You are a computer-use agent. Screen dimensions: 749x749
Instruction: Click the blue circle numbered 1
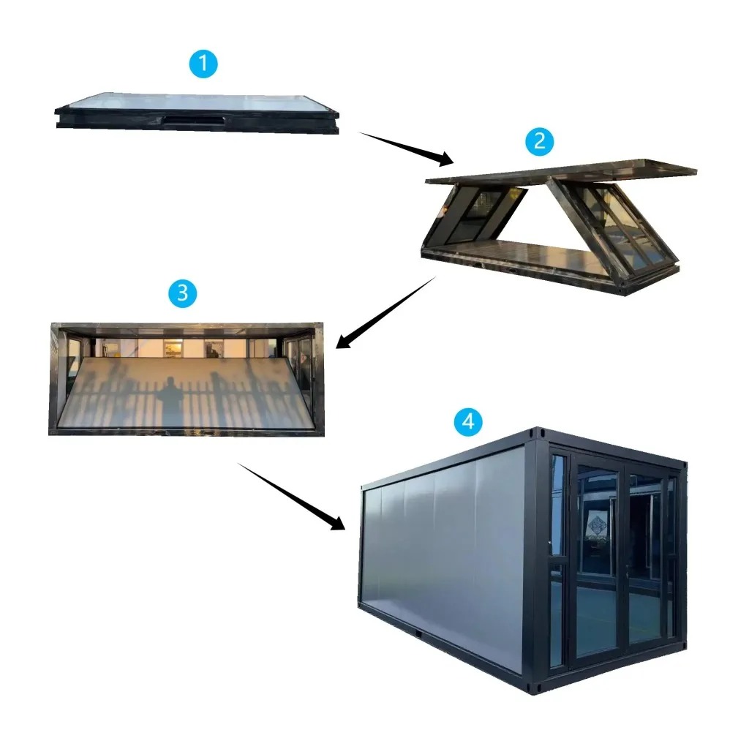203,64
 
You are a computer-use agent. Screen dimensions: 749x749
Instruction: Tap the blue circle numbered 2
539,141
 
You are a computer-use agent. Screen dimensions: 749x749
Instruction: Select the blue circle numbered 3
182,293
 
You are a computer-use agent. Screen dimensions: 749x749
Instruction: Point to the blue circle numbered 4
468,421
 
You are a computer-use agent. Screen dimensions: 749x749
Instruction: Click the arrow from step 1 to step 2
406,148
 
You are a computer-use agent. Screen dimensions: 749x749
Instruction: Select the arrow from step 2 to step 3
386,312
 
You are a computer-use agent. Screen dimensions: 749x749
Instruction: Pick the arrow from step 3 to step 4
291,497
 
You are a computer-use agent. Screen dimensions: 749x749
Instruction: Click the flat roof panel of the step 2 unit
561,171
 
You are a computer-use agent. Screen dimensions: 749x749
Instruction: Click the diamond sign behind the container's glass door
597,525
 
